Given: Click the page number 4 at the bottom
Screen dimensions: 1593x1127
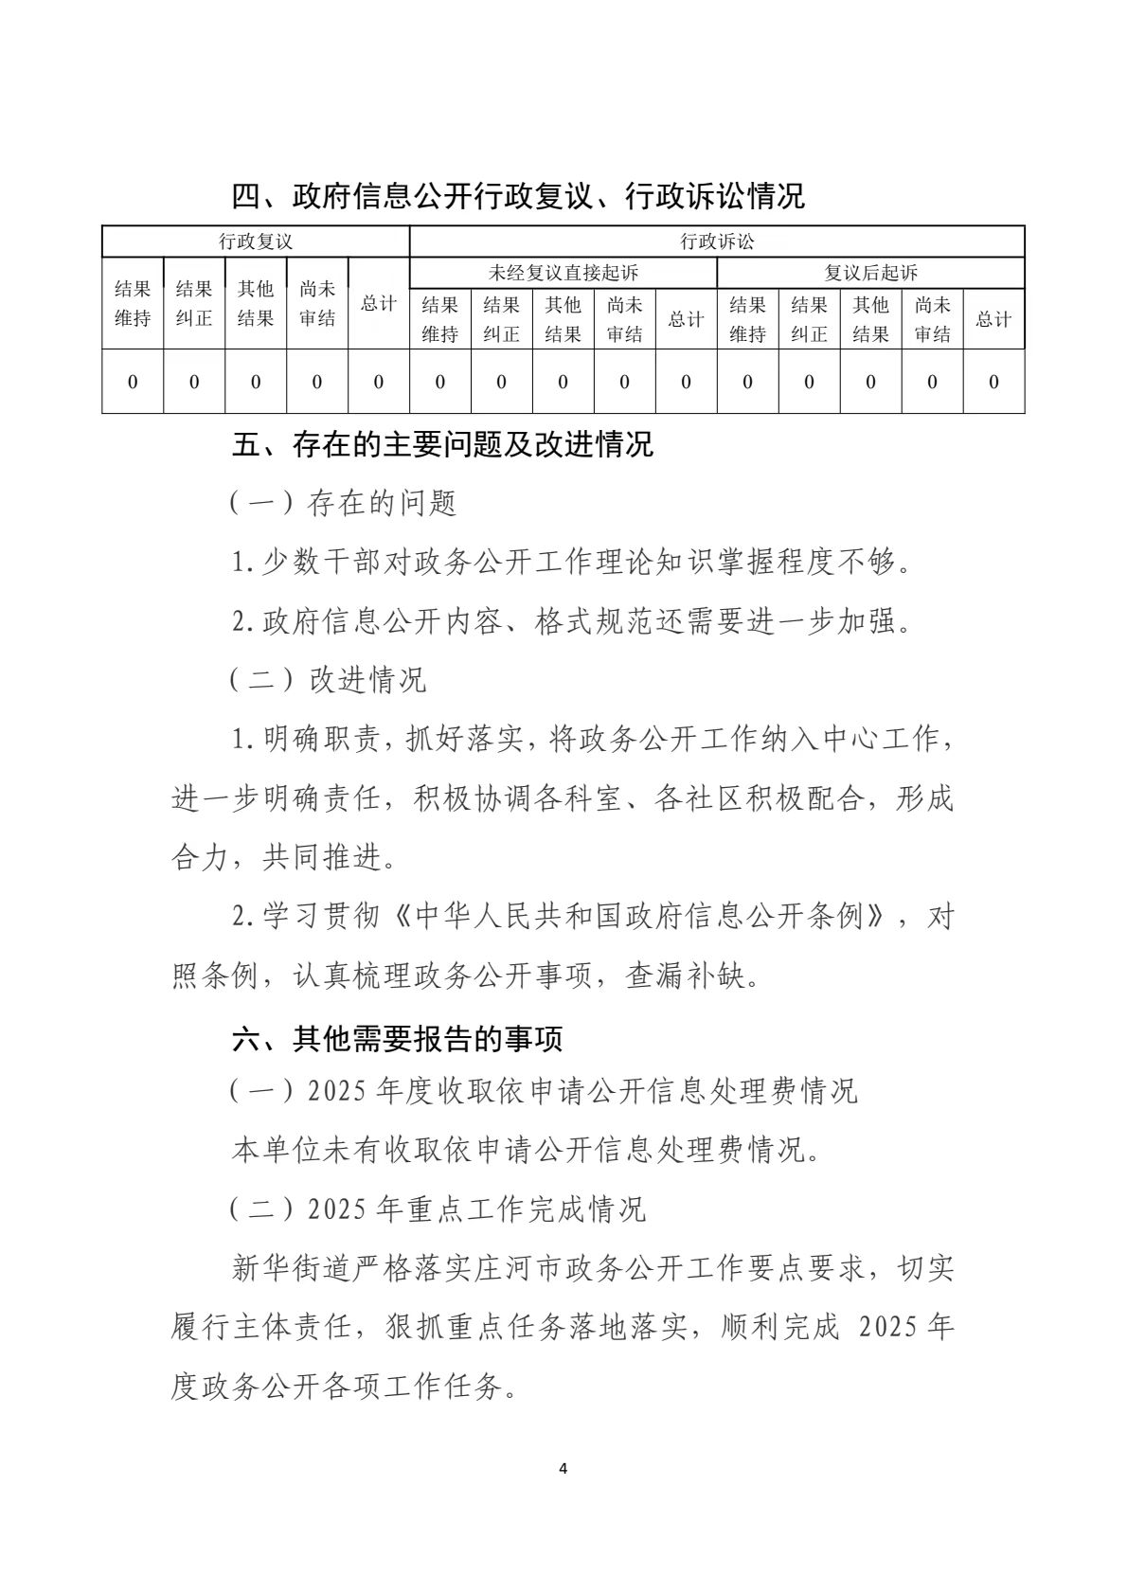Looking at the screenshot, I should pyautogui.click(x=563, y=1469).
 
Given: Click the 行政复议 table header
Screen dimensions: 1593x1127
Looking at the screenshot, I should pyautogui.click(x=256, y=242).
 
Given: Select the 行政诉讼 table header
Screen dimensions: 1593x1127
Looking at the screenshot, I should pyautogui.click(x=717, y=242).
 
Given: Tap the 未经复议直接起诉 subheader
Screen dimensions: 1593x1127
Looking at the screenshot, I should pyautogui.click(x=563, y=273).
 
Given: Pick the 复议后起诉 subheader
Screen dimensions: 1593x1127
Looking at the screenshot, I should pyautogui.click(x=870, y=273).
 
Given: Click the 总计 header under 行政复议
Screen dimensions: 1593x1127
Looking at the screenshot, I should pyautogui.click(x=379, y=303).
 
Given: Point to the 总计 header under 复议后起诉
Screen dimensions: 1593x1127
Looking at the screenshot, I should pyautogui.click(x=993, y=319).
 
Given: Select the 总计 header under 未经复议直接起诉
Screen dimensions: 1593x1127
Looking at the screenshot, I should pyautogui.click(x=686, y=319).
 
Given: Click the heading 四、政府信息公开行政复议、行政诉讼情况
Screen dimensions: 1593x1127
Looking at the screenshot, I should pyautogui.click(x=518, y=196).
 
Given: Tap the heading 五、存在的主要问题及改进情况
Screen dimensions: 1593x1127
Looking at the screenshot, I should pyautogui.click(x=442, y=444).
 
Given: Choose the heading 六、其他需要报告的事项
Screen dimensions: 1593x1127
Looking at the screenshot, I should pyautogui.click(x=398, y=1039).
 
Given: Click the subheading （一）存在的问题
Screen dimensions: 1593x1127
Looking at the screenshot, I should pyautogui.click(x=343, y=503).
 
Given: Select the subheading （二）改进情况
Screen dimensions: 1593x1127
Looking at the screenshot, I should pyautogui.click(x=328, y=679).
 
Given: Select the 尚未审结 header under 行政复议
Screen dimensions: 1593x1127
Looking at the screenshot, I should pyautogui.click(x=317, y=303).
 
